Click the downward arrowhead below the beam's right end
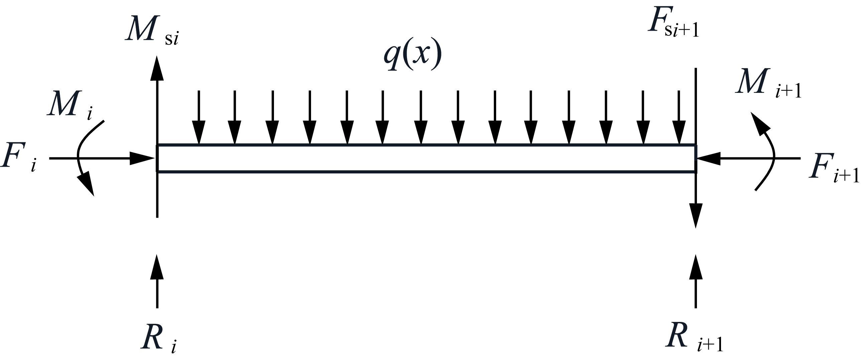(x=696, y=216)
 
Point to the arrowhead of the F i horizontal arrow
(x=142, y=158)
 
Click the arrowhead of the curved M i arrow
(x=86, y=184)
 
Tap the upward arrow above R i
(x=157, y=281)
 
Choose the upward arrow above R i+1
(x=696, y=281)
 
